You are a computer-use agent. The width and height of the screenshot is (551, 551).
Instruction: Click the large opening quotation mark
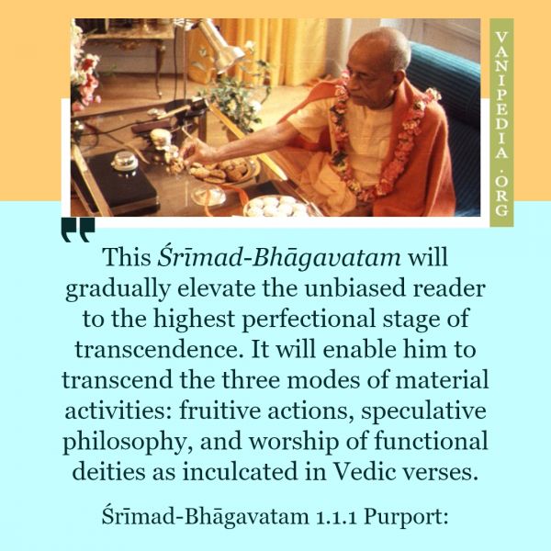point(78,230)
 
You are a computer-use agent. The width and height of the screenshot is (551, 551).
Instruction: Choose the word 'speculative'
point(423,411)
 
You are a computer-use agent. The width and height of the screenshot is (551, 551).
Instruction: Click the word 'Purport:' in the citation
point(406,517)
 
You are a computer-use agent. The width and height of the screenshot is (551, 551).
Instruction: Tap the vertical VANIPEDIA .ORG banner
point(501,123)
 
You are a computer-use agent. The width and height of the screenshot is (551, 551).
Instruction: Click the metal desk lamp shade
point(220,46)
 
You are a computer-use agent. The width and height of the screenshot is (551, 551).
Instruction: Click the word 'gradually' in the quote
point(118,289)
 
